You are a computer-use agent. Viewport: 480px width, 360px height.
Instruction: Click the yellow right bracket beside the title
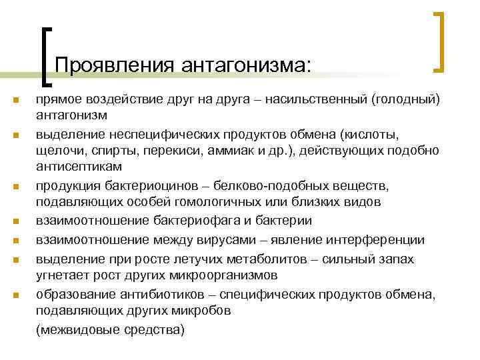point(440,41)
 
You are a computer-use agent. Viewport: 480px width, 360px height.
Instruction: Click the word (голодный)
point(407,99)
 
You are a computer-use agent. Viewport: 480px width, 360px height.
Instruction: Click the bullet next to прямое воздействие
point(13,101)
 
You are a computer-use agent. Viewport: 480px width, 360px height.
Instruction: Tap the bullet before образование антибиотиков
point(13,294)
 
